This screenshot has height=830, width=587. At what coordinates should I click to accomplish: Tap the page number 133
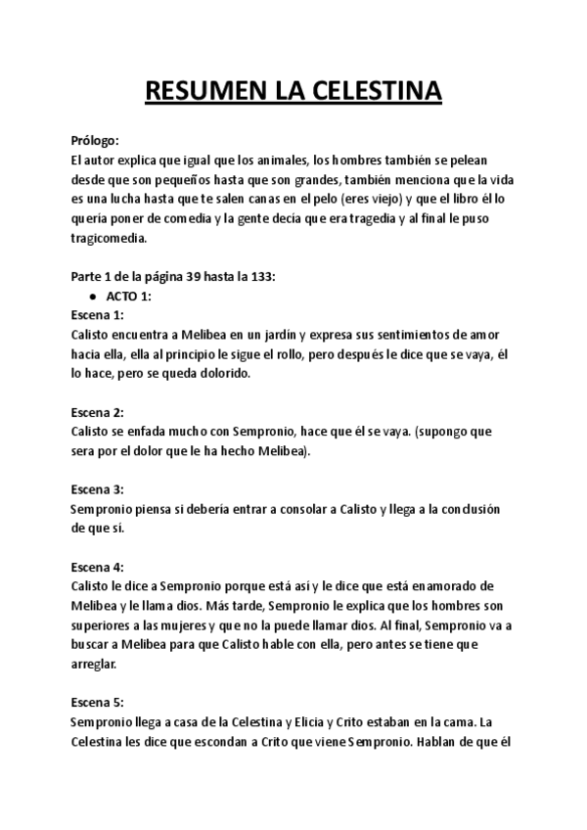click(263, 276)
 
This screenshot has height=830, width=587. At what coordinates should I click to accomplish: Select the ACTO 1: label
click(128, 296)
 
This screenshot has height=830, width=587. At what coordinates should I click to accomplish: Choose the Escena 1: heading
click(98, 314)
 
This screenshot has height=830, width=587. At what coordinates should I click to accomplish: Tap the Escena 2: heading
click(98, 411)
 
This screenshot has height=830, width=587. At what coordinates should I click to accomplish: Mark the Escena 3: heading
click(98, 488)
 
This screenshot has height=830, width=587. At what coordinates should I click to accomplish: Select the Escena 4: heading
click(98, 567)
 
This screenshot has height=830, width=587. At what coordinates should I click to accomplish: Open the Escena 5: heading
click(98, 701)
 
